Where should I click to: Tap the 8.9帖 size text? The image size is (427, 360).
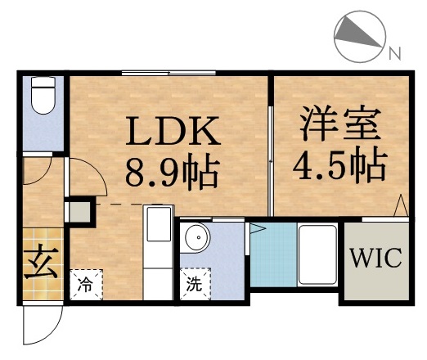(171, 171)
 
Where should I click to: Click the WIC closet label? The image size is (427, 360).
(376, 259)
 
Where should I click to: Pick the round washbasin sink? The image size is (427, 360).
(196, 240)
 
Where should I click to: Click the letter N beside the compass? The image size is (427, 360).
(394, 54)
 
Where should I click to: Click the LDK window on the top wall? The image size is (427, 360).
(169, 74)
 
